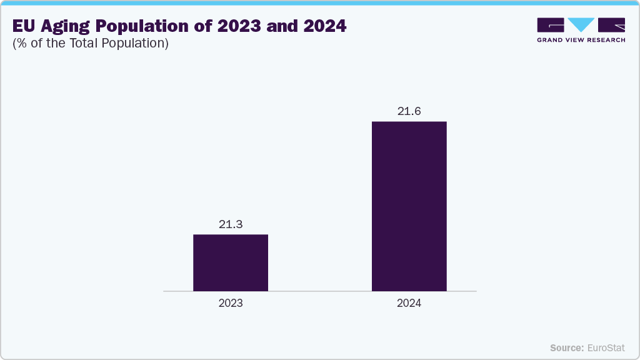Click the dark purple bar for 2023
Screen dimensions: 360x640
click(x=231, y=262)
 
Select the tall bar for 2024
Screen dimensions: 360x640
click(x=409, y=206)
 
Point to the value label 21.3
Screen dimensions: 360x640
click(x=231, y=224)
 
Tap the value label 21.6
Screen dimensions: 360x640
click(x=409, y=111)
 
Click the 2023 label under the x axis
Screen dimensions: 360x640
click(x=231, y=303)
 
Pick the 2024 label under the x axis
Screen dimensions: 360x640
click(x=409, y=303)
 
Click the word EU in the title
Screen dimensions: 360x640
click(x=23, y=27)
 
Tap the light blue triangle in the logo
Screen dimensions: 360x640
click(x=581, y=24)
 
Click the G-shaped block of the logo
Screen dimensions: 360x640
click(x=551, y=24)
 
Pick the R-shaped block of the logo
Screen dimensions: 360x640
click(x=611, y=24)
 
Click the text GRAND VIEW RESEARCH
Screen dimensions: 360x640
click(x=581, y=40)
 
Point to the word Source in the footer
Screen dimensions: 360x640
click(x=567, y=347)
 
